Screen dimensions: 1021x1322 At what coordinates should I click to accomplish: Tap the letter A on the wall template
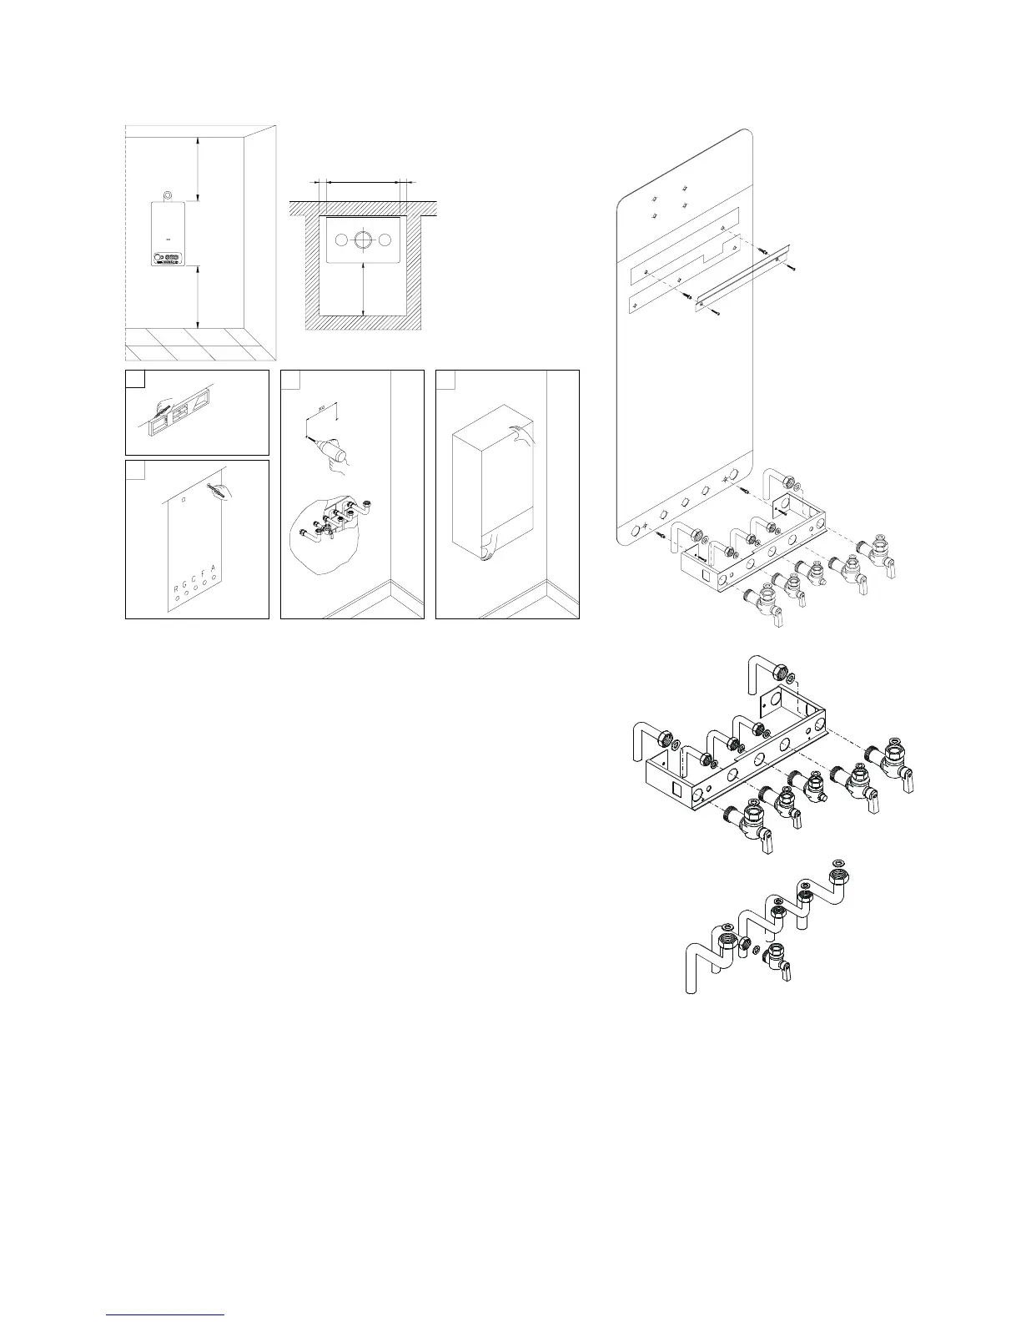pyautogui.click(x=214, y=569)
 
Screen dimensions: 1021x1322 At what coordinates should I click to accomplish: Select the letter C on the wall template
pyautogui.click(x=194, y=579)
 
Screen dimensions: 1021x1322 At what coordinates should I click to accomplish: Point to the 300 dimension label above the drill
pyautogui.click(x=322, y=411)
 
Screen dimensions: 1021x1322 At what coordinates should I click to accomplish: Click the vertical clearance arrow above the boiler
pyautogui.click(x=198, y=170)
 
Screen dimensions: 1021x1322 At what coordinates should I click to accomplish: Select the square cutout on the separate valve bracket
pyautogui.click(x=676, y=785)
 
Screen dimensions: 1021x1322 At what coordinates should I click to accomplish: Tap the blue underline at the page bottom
pyautogui.click(x=166, y=1314)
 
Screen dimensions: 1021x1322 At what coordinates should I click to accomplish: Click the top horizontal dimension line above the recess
pyautogui.click(x=364, y=179)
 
